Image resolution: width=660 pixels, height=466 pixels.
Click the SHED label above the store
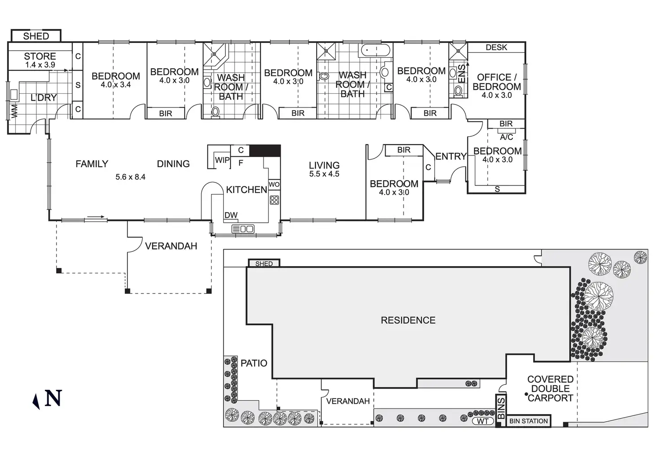pos(36,36)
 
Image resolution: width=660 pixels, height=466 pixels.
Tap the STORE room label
pos(40,56)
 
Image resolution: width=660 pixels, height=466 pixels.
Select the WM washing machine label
pos(14,111)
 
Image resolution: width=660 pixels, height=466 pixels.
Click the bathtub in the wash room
pos(376,50)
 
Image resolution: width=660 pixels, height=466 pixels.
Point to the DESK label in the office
pos(496,47)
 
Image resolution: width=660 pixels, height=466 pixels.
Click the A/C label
pos(506,137)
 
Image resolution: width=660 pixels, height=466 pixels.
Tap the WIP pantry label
pos(222,160)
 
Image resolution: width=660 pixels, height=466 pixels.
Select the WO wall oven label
pos(274,185)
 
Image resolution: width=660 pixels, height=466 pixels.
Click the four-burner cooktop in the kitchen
pos(274,200)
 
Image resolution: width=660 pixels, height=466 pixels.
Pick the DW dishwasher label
pos(231,215)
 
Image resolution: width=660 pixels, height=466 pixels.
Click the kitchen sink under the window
pos(243,229)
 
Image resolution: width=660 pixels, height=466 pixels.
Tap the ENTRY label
pos(451,156)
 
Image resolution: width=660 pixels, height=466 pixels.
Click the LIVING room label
pos(324,165)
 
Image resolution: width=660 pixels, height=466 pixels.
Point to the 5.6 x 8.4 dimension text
pos(130,177)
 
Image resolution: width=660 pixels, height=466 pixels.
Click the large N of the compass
pos(53,398)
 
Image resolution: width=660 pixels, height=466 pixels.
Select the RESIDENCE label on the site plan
pos(408,320)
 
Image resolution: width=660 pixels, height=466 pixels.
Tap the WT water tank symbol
pos(482,421)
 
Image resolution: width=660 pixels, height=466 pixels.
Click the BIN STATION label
pos(529,421)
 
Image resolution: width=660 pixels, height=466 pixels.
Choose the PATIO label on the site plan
pos(254,363)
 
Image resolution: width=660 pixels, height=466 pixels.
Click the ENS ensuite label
pos(462,73)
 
